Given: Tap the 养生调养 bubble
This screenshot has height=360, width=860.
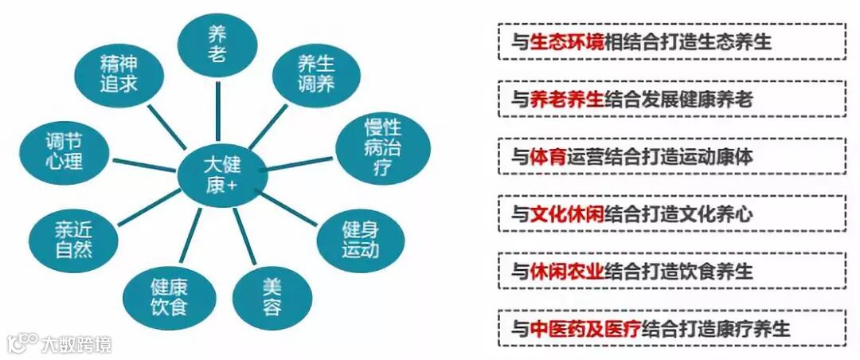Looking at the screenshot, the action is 315,73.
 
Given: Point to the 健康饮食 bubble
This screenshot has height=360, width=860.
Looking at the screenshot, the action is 168,294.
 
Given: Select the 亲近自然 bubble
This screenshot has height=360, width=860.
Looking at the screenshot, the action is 73,239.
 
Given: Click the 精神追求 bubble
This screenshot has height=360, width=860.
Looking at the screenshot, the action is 119,72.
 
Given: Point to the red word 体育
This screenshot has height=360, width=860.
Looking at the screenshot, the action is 548,157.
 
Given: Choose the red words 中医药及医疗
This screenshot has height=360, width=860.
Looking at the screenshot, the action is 585,328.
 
